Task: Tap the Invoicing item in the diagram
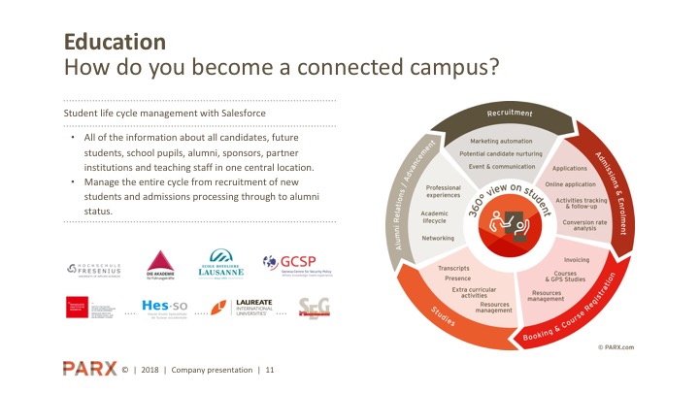click(576, 259)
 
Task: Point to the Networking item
click(438, 237)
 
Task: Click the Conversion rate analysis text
click(583, 226)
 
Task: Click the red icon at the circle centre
click(510, 231)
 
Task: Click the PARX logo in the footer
click(89, 369)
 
